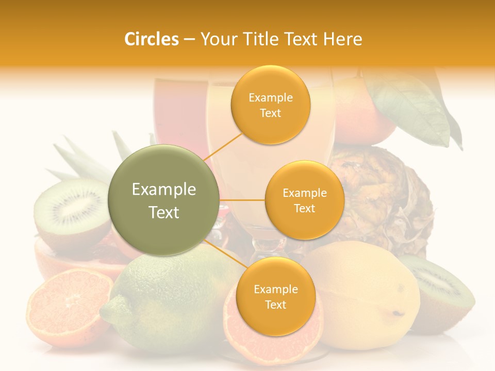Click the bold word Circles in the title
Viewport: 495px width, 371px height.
151,39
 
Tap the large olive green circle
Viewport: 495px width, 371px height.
164,200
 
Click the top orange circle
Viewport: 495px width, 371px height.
270,105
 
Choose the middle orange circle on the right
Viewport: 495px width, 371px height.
304,200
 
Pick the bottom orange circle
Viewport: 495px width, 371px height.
275,297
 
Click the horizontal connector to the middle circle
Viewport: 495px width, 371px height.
242,200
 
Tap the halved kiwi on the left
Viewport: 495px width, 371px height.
70,211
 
